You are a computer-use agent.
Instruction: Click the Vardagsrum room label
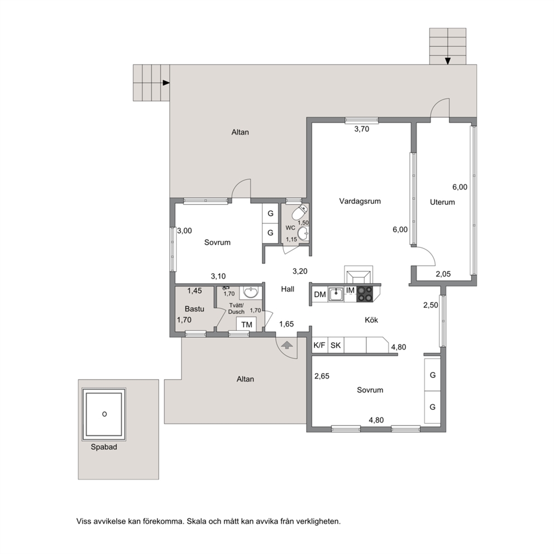[360, 202]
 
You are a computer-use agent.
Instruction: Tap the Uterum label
[442, 202]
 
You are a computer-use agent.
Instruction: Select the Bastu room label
[194, 309]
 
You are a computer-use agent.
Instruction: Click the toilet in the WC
[299, 212]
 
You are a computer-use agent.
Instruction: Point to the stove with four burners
[365, 294]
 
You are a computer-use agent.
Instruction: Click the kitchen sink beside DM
[336, 294]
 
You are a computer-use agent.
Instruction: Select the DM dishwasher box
[320, 294]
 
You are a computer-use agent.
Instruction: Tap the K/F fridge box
[320, 345]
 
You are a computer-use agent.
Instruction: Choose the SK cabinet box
[336, 345]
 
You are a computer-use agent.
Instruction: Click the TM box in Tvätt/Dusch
[247, 324]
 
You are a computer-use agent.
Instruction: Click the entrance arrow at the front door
[287, 345]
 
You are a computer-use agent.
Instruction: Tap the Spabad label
[104, 447]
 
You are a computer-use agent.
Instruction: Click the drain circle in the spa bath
[104, 414]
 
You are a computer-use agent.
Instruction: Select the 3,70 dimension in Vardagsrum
[362, 130]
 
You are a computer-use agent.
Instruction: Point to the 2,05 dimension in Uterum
[443, 274]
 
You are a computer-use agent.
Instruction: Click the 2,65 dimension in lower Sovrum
[322, 376]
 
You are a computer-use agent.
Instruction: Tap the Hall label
[288, 289]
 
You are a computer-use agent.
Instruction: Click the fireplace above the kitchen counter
[359, 275]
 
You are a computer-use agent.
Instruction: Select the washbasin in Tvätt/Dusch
[251, 293]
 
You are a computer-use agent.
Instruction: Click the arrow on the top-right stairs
[448, 61]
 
